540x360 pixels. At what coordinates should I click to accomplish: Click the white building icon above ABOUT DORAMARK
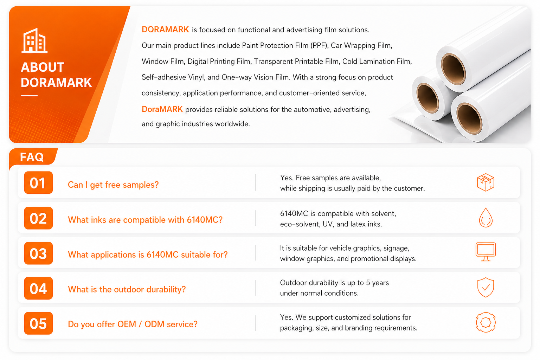point(34,40)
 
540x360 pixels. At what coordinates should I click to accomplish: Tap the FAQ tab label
point(32,157)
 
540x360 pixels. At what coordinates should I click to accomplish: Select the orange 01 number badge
point(38,182)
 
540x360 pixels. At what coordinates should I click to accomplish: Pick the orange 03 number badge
point(38,253)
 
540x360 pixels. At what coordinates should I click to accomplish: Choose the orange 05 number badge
point(38,323)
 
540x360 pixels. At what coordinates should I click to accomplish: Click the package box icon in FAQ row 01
point(486,182)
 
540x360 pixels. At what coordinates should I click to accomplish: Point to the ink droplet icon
point(486,218)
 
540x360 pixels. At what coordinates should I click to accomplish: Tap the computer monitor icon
point(486,252)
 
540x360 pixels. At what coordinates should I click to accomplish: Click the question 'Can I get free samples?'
point(113,185)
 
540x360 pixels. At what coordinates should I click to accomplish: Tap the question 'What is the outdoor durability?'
point(127,289)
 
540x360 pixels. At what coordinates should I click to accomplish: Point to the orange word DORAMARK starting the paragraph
point(165,30)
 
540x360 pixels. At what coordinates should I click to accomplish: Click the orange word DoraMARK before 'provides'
point(162,109)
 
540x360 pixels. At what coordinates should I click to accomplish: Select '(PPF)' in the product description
point(319,46)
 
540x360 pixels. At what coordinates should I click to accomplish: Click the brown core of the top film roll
point(453,69)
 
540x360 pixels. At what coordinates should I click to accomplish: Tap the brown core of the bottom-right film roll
point(469,118)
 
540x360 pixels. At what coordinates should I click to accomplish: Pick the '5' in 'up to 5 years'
point(368,283)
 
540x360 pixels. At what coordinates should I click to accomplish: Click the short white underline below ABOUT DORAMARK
point(30,96)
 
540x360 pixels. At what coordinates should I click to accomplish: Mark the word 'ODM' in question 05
point(154,324)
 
